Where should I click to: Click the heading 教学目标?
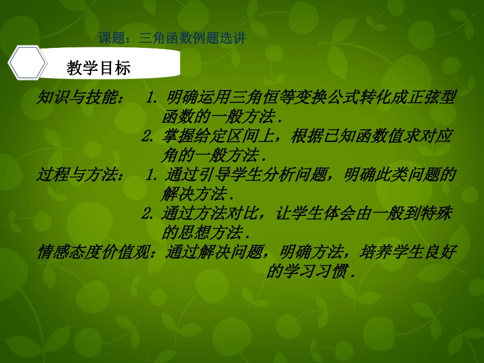(x=98, y=68)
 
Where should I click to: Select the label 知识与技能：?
(x=79, y=97)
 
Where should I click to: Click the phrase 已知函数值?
(x=358, y=136)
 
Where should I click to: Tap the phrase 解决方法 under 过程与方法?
(x=194, y=193)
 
